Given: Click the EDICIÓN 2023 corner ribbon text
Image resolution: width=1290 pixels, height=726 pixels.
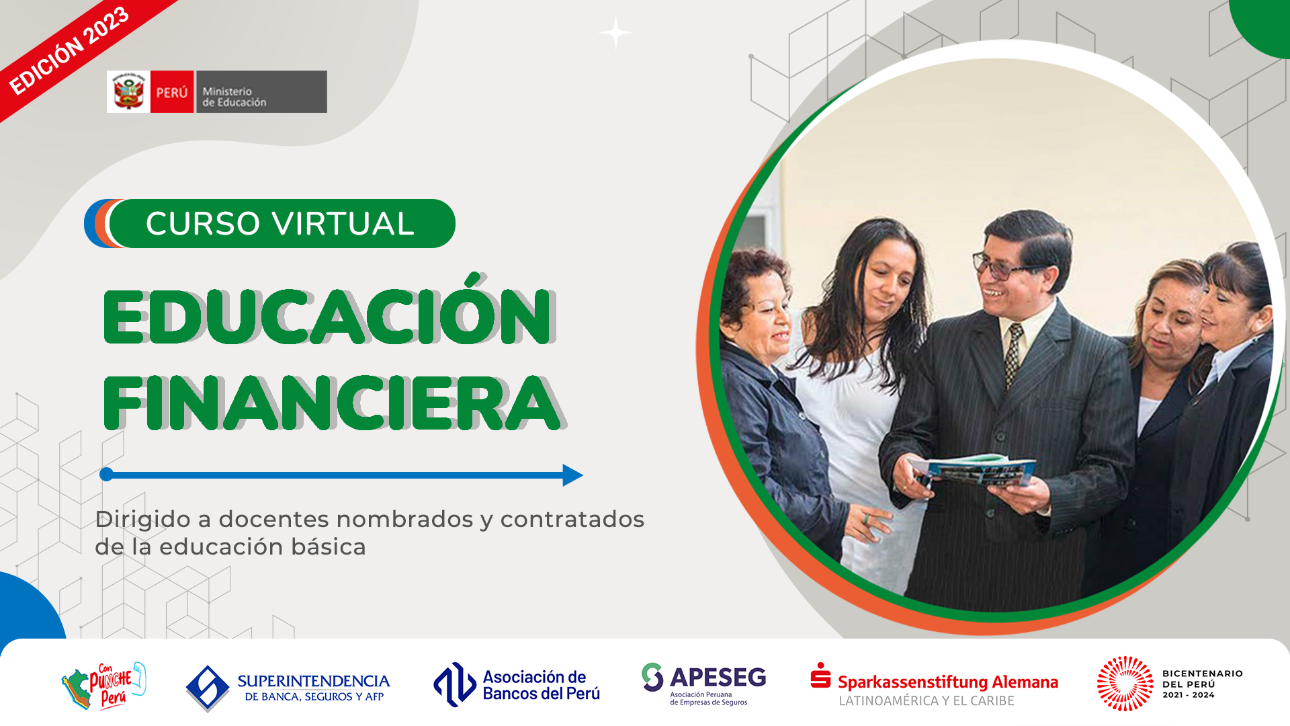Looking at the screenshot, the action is pyautogui.click(x=69, y=50).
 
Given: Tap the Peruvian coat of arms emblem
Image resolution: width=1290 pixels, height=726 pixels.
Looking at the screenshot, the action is pyautogui.click(x=128, y=92).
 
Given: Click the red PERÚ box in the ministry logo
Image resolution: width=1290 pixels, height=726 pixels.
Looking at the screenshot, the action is pyautogui.click(x=172, y=92).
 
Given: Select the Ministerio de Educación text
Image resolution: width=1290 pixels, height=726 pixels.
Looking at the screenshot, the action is pyautogui.click(x=234, y=97).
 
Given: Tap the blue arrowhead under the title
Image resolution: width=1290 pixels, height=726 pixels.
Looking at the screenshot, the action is pyautogui.click(x=572, y=475).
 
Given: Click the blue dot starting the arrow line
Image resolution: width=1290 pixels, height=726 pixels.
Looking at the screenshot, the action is pyautogui.click(x=106, y=475).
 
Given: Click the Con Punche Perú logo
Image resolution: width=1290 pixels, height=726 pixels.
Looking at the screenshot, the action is pyautogui.click(x=103, y=686).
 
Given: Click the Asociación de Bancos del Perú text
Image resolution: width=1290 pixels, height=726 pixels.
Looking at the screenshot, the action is pyautogui.click(x=541, y=685).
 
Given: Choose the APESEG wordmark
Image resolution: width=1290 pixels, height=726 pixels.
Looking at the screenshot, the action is pyautogui.click(x=718, y=677).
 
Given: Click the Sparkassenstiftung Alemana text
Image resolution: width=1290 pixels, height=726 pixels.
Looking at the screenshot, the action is pyautogui.click(x=947, y=682).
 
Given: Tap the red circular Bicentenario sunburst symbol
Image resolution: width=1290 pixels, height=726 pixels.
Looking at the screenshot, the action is pyautogui.click(x=1125, y=684).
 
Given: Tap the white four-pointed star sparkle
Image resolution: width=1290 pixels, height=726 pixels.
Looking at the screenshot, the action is pyautogui.click(x=615, y=33).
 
